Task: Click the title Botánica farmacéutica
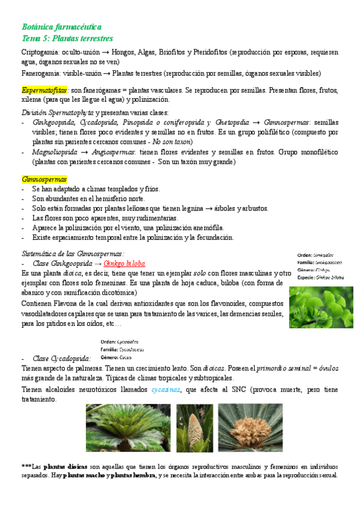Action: tap(61, 27)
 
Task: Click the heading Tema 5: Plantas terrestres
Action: tap(67, 38)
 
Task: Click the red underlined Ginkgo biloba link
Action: tap(124, 263)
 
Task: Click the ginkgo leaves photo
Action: tap(321, 307)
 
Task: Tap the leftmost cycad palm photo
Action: tap(128, 428)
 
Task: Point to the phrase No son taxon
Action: tap(172, 141)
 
